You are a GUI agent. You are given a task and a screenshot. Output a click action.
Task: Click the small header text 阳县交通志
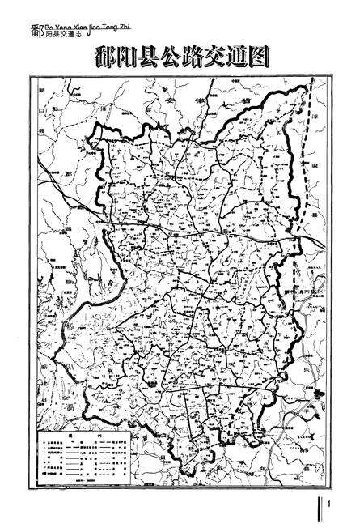click(61, 34)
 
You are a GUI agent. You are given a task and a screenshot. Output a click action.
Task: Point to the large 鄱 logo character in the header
click(32, 32)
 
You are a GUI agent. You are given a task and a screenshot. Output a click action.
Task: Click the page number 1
click(332, 511)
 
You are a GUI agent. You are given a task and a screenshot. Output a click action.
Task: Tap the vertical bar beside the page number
click(324, 510)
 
